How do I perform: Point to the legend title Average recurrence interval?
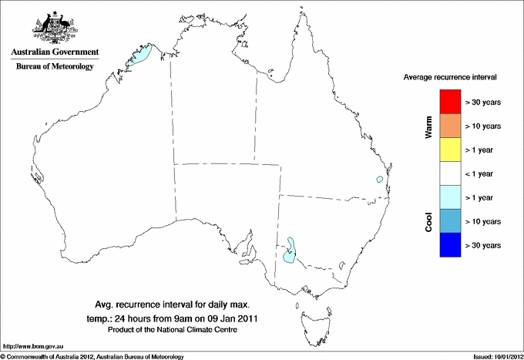(451, 78)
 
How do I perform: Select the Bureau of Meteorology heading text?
(55, 66)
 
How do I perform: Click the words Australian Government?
(55, 52)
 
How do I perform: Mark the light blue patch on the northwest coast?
(141, 56)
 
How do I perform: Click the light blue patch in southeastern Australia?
(290, 251)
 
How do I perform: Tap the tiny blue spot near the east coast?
(379, 180)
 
